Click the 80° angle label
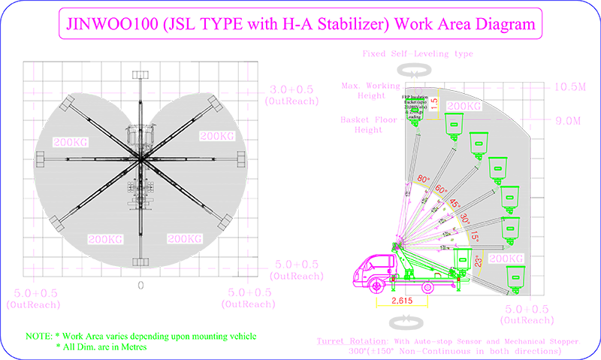(422, 179)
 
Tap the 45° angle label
(455, 204)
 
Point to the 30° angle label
(466, 218)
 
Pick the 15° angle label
(475, 237)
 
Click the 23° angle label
(479, 262)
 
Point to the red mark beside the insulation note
(433, 106)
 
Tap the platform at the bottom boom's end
(140, 263)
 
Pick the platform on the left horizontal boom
(41, 159)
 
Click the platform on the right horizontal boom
(241, 159)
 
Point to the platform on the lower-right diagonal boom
(224, 219)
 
